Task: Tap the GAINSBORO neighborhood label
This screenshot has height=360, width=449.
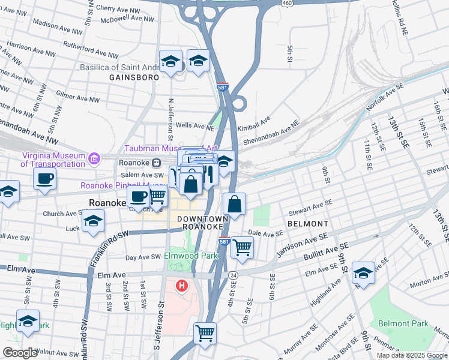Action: pos(134,77)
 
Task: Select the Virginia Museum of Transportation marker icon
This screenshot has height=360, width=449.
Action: pos(94,159)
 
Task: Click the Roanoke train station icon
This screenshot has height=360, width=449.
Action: pos(157,162)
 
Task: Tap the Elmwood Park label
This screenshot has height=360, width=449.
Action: pos(191,256)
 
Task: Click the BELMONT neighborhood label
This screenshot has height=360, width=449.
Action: pos(307,223)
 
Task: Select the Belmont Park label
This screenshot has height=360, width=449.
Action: pos(403,323)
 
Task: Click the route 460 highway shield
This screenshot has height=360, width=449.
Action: pos(288,3)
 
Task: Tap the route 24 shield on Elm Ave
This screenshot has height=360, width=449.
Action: pos(232,275)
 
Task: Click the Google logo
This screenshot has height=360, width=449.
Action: pos(20,353)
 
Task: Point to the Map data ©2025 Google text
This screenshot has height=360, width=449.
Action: pos(411,355)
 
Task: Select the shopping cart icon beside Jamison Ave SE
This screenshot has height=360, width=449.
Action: pos(242,247)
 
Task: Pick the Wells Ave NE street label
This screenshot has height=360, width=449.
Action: pos(194,127)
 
